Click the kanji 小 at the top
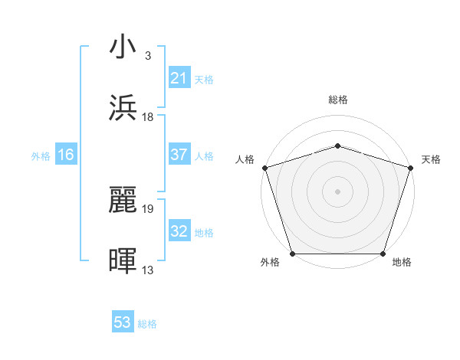[x=123, y=47]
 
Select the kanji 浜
[x=123, y=108]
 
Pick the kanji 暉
[x=123, y=261]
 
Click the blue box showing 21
[x=179, y=77]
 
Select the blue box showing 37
[x=179, y=155]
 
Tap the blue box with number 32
[x=179, y=231]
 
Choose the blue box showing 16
[x=66, y=155]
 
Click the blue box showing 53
[x=123, y=322]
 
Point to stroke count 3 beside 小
[x=147, y=55]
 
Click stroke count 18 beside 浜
[x=148, y=116]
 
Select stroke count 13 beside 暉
[x=148, y=270]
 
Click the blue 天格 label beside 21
[x=204, y=79]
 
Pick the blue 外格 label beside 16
[x=41, y=155]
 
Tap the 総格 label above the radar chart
[x=338, y=100]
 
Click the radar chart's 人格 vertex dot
[x=265, y=168]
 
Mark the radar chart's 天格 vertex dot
[x=410, y=168]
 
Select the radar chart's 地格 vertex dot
[x=383, y=254]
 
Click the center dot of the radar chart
[x=338, y=191]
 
